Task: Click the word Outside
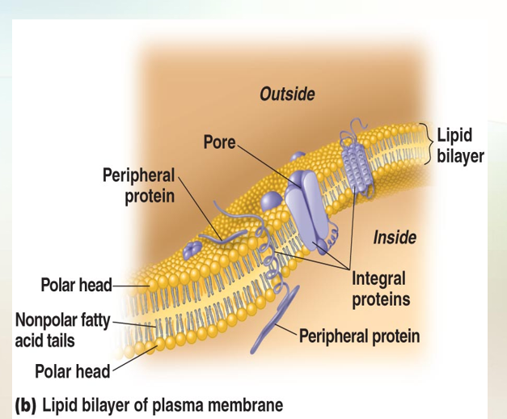pos(287,95)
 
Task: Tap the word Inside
pos(395,237)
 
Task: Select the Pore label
pos(218,143)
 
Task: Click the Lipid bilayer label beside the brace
pos(459,145)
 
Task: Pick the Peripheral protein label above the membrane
pos(138,185)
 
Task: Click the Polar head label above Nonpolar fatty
pos(76,285)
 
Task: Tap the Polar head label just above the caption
pos(71,371)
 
